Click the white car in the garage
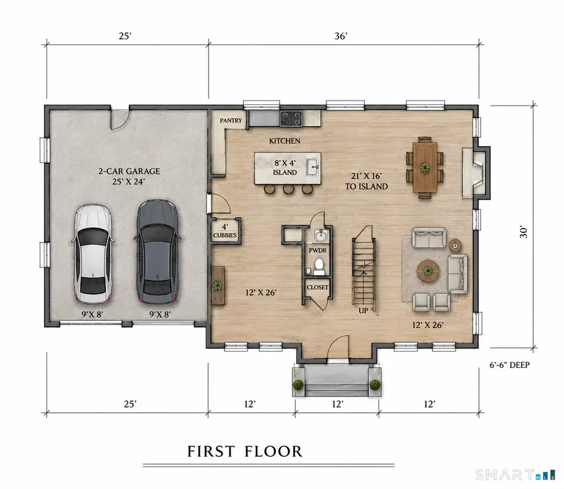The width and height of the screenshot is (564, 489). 93,254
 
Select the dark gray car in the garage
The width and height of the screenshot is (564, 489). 157,252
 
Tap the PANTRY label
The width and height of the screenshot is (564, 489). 231,121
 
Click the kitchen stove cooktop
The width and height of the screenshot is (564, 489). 291,118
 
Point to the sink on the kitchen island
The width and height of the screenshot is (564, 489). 313,167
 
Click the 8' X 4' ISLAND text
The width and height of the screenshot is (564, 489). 285,168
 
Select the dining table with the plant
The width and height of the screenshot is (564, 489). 425,168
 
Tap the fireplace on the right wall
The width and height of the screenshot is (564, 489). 476,173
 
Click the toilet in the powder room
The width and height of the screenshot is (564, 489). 319,266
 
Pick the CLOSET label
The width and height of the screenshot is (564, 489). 318,287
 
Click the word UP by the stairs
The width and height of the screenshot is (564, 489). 363,310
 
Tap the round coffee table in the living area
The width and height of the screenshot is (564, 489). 428,271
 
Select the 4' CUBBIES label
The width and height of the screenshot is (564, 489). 225,231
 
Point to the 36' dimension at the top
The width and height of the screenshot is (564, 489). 341,36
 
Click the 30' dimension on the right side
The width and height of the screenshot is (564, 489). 523,232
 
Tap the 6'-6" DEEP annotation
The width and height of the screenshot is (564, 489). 509,365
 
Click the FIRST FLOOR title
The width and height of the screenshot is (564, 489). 244,451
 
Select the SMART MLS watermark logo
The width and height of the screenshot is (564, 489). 515,475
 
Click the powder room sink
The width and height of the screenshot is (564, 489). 321,236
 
